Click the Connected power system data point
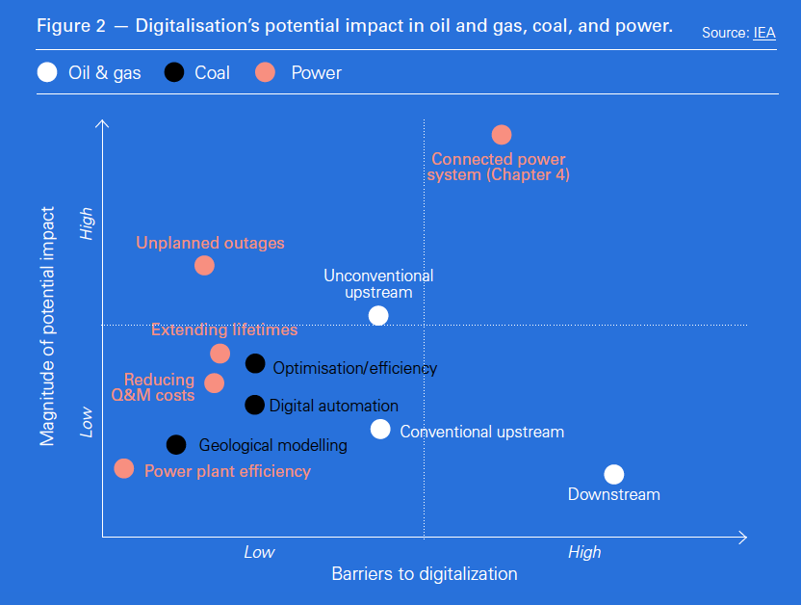tap(502, 135)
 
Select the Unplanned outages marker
tap(204, 265)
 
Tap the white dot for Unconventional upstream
tap(378, 315)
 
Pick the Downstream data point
tap(614, 474)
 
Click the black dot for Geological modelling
tap(176, 444)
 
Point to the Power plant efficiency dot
tap(124, 469)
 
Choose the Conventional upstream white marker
tap(380, 430)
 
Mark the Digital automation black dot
tap(254, 405)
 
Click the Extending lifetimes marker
tap(220, 354)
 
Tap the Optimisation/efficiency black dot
tap(255, 363)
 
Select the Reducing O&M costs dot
tap(215, 383)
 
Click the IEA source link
tap(764, 33)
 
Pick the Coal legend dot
tap(174, 72)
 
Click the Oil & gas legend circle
tap(46, 72)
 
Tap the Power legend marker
tap(266, 72)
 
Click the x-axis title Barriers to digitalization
tap(425, 574)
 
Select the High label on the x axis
tap(584, 552)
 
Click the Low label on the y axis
tap(88, 421)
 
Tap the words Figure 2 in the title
tap(71, 26)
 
